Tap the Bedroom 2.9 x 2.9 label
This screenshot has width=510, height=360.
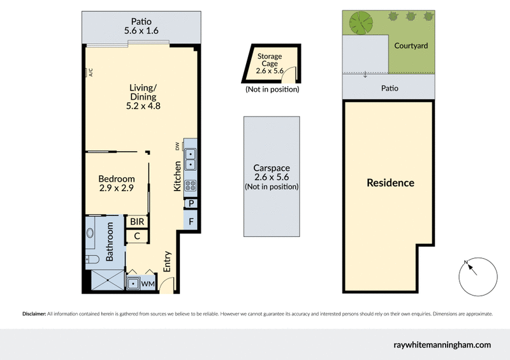pyautogui.click(x=117, y=184)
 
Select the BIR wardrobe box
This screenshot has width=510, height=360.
pyautogui.click(x=137, y=222)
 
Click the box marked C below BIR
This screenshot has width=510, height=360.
pyautogui.click(x=137, y=236)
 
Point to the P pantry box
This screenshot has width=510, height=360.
pyautogui.click(x=191, y=204)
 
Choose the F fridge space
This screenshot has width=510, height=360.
pyautogui.click(x=191, y=222)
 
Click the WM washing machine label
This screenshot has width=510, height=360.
pyautogui.click(x=148, y=284)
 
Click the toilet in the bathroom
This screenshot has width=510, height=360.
pyautogui.click(x=91, y=258)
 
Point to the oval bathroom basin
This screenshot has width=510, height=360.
pyautogui.click(x=90, y=233)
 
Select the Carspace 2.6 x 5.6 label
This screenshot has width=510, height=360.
pyautogui.click(x=272, y=178)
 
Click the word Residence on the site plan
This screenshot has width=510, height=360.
pyautogui.click(x=390, y=183)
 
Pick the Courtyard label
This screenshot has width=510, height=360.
pyautogui.click(x=411, y=46)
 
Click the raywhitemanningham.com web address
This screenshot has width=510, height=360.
pyautogui.click(x=442, y=345)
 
